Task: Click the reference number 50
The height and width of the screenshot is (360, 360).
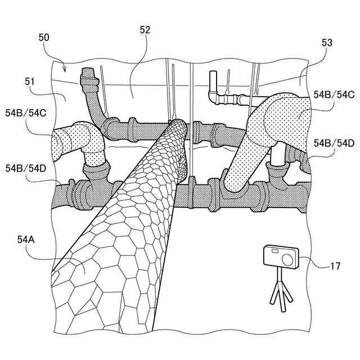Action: pos(44,38)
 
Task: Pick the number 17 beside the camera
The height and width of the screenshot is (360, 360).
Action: pos(335,267)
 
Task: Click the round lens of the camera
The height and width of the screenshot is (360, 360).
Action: pos(288,259)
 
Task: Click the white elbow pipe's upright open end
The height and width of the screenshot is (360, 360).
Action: pos(213,76)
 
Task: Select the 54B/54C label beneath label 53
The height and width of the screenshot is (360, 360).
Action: pos(334,94)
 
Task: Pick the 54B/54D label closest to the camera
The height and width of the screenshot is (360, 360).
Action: pos(334,142)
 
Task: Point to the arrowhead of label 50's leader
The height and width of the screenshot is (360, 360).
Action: pos(65,72)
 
